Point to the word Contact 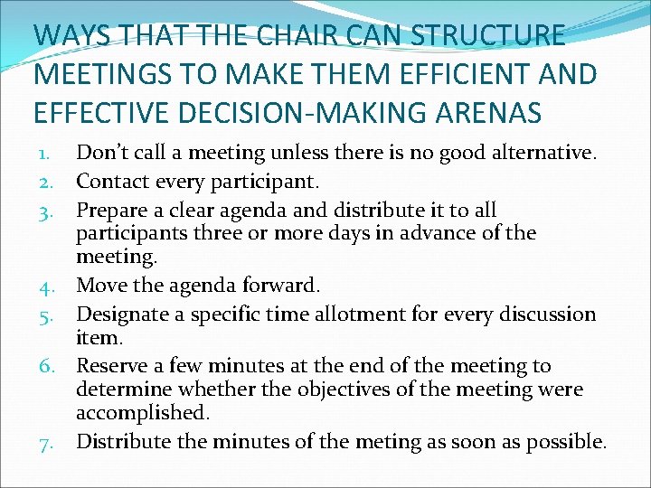112,181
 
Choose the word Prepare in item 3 112,211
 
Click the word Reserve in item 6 112,366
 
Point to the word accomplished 142,413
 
